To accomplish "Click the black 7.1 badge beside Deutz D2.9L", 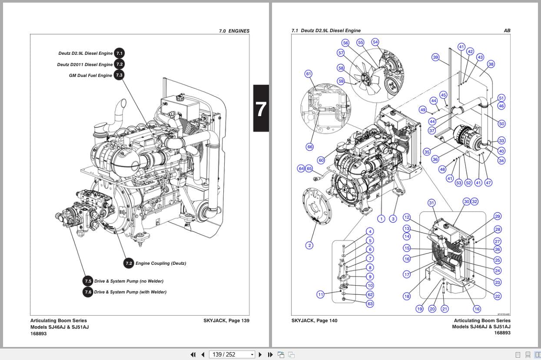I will coord(119,53).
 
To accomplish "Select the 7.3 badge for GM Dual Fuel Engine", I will coord(119,75).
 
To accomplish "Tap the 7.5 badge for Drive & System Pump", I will coord(88,281).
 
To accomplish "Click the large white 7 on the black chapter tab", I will coord(261,109).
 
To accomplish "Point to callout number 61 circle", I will coord(309,74).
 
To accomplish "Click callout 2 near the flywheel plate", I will coord(309,245).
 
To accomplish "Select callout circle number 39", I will coord(435,57).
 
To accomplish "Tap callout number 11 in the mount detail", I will coord(320,295).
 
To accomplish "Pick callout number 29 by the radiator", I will coord(498,217).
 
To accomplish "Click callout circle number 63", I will coord(370,304).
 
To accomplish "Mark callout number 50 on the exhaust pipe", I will coord(501,124).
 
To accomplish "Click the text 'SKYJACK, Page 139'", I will coord(226,321).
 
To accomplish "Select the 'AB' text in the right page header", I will coord(507,30).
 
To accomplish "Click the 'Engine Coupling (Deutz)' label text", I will coord(160,263).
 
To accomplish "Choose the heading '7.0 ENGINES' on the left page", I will coord(234,31).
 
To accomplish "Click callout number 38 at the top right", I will coord(491,64).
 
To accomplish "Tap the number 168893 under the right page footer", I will coord(502,333).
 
